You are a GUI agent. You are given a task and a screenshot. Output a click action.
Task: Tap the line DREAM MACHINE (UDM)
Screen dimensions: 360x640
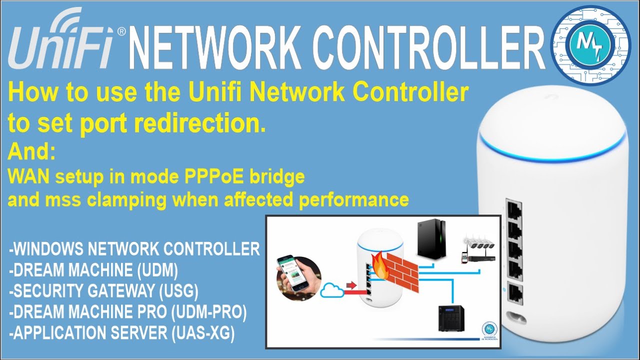[x=93, y=270]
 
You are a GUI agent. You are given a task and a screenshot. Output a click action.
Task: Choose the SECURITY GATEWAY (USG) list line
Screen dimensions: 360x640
[x=104, y=291]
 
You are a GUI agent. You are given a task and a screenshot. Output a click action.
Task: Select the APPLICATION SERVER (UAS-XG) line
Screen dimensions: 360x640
[x=122, y=333]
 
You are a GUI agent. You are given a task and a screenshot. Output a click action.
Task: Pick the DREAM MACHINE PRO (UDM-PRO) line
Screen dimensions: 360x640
[x=128, y=312]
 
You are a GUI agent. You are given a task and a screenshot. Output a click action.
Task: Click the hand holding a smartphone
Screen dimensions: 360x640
[x=299, y=278]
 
